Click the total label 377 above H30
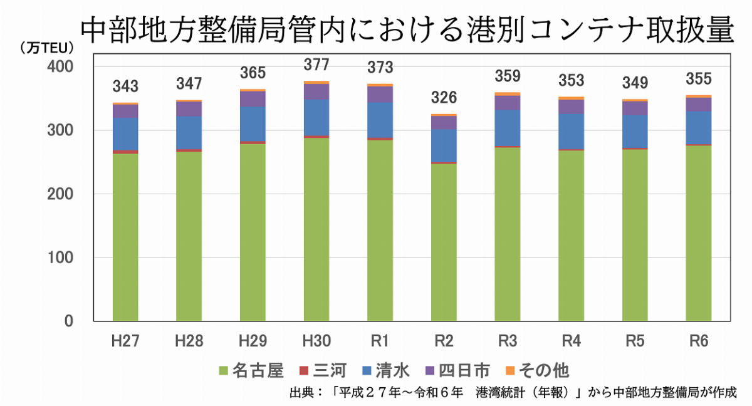tap(316, 65)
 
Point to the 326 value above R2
tap(444, 98)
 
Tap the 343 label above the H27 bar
tap(125, 86)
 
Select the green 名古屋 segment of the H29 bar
tap(253, 232)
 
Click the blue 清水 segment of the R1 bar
tap(380, 120)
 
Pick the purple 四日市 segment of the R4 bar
tap(572, 107)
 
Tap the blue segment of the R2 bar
tap(444, 145)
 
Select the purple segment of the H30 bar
tap(316, 91)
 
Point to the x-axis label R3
tap(508, 341)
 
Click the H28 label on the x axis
tap(189, 341)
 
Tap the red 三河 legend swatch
tap(305, 370)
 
